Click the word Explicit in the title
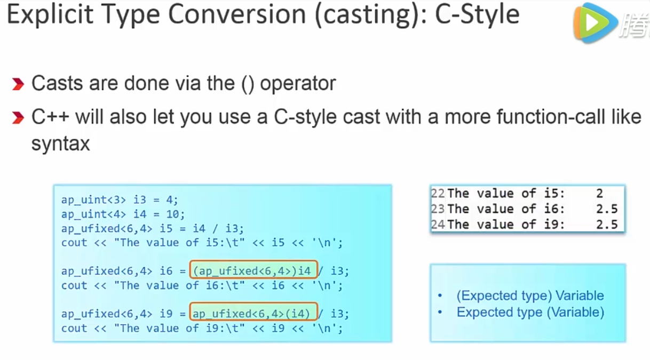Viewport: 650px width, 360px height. coord(50,14)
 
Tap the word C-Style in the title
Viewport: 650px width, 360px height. coord(477,15)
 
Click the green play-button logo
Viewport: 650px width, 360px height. coord(594,23)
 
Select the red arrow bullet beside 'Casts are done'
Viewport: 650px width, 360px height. coord(18,84)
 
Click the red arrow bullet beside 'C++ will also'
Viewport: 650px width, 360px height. coord(18,118)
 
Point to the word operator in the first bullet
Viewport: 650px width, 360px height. coord(298,84)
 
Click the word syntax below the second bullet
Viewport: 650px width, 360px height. coord(61,143)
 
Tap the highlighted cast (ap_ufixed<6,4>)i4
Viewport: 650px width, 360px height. coord(253,270)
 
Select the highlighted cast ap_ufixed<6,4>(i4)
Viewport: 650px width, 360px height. coord(253,312)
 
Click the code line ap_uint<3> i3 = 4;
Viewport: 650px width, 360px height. coord(120,200)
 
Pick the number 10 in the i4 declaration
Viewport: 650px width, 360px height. coord(172,214)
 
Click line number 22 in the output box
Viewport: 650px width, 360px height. coord(438,193)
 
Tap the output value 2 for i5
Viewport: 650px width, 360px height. coord(599,194)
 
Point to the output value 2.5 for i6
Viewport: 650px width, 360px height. coord(607,209)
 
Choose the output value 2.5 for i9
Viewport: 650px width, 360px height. coord(607,225)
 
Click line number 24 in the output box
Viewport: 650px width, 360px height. coord(438,225)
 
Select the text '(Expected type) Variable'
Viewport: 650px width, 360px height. coord(530,296)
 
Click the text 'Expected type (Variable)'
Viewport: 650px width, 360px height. coord(530,313)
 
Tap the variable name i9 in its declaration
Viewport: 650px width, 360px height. coord(166,314)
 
